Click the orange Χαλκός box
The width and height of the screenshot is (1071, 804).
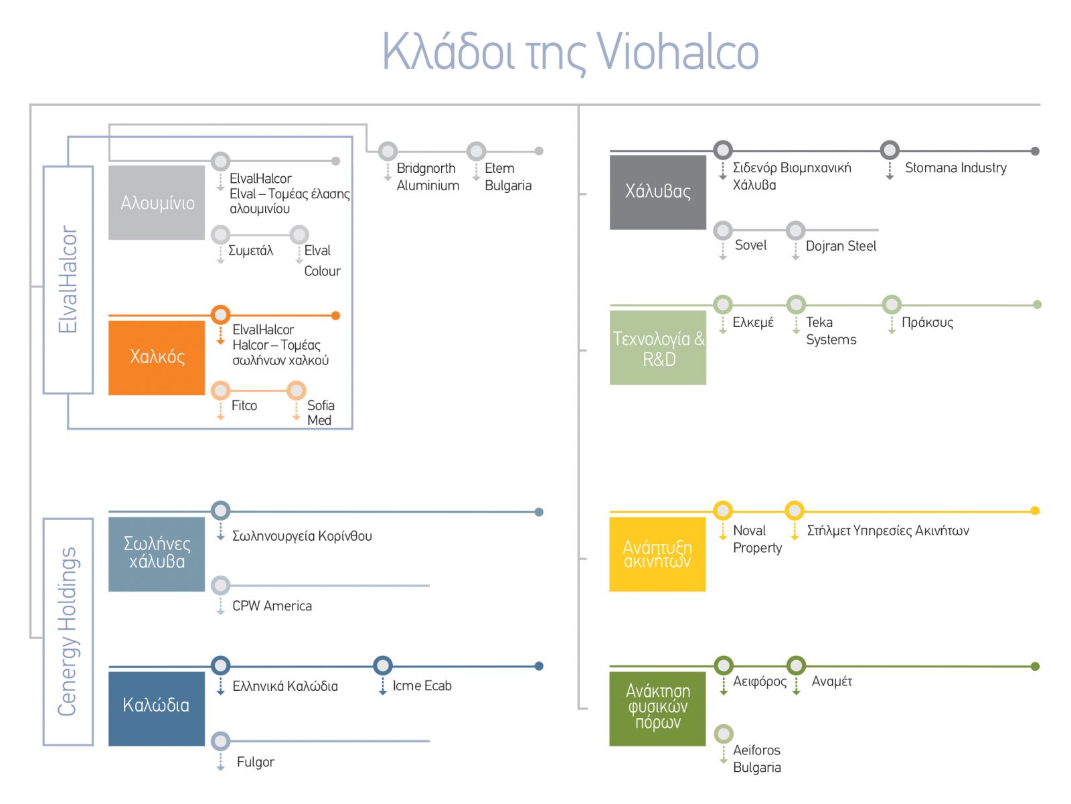(157, 357)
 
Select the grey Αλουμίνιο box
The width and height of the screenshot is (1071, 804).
(157, 202)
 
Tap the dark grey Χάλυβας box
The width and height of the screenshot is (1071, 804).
(657, 192)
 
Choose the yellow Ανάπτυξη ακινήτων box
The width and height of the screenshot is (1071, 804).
(657, 554)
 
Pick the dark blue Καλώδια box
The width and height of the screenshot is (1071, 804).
(156, 708)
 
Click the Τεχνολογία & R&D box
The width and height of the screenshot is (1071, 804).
(657, 347)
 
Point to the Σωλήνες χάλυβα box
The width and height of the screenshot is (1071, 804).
(157, 553)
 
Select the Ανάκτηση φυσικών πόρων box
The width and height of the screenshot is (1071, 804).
(657, 708)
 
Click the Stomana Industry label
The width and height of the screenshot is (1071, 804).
(955, 168)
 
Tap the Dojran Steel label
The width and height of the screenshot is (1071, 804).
(841, 246)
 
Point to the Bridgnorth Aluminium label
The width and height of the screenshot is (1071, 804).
(428, 177)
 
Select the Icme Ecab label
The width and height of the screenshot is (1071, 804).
(422, 685)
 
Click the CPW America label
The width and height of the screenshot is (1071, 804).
(272, 606)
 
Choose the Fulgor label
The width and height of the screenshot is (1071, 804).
(255, 762)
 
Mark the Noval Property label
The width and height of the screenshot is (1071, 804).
(757, 539)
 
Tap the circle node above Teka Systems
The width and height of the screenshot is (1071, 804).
(796, 305)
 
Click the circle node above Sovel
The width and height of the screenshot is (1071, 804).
(723, 230)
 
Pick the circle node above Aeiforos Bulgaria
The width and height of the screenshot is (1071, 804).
(724, 734)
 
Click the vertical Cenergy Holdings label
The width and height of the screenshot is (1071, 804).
(68, 631)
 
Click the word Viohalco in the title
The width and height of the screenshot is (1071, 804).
(677, 52)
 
